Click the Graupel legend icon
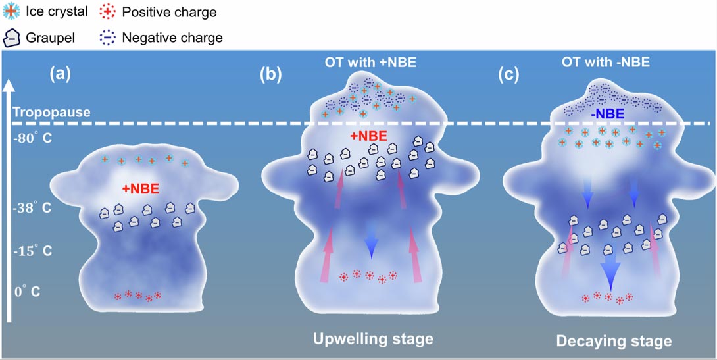pyautogui.click(x=11, y=38)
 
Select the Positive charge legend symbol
pyautogui.click(x=107, y=13)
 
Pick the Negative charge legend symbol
pyautogui.click(x=107, y=38)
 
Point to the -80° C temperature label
pyautogui.click(x=32, y=139)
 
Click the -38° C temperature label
pyautogui.click(x=32, y=209)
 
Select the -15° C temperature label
pyautogui.click(x=32, y=251)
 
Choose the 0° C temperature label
pyautogui.click(x=27, y=290)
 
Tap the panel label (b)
pyautogui.click(x=270, y=74)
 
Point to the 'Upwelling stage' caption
pyautogui.click(x=373, y=339)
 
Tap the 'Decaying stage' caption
pyautogui.click(x=614, y=340)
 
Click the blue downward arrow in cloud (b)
pyautogui.click(x=372, y=240)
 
